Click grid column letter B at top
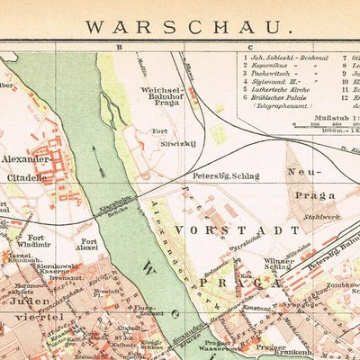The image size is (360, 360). tap(118, 46)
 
